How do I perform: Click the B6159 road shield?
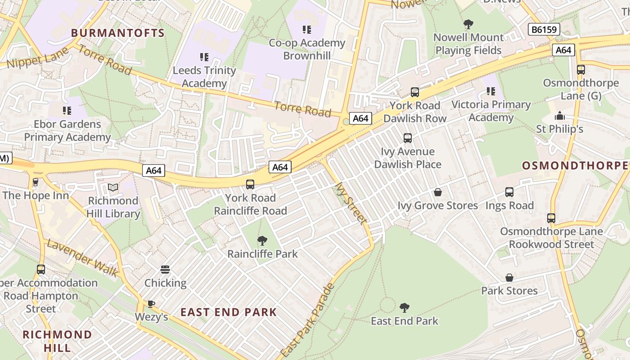click(544, 30)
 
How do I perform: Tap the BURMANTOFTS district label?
click(118, 33)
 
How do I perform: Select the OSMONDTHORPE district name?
click(575, 165)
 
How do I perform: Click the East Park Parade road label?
click(308, 320)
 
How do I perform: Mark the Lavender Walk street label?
click(83, 258)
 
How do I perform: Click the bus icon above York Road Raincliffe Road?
click(250, 184)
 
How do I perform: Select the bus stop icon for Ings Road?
click(509, 192)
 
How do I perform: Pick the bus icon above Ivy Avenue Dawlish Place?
click(408, 138)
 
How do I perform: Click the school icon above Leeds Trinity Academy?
click(204, 57)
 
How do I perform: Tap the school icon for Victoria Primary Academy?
click(491, 91)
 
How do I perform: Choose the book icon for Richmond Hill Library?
click(113, 187)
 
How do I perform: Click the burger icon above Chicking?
click(165, 270)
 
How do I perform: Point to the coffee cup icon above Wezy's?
click(151, 304)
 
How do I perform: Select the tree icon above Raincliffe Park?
click(262, 240)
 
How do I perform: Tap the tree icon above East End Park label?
click(405, 307)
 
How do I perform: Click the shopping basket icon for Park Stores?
click(509, 277)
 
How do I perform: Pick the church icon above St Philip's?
click(560, 116)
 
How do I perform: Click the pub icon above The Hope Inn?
click(36, 182)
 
